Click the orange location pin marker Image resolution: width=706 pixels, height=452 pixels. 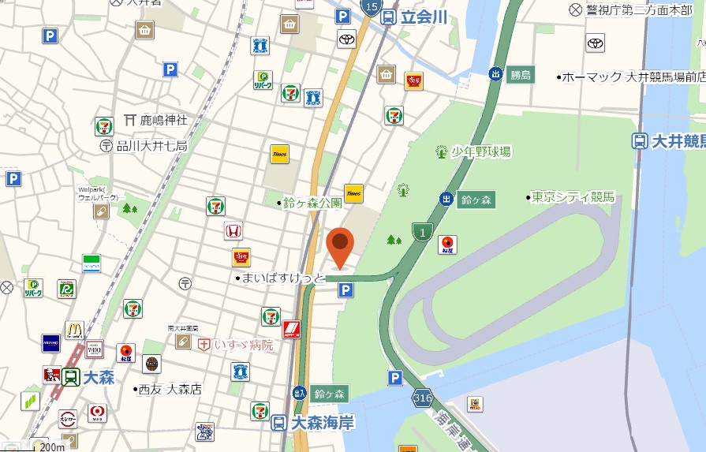(x=340, y=248)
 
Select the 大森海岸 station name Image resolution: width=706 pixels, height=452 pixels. (x=322, y=423)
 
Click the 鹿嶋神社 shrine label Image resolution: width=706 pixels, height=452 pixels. (x=163, y=120)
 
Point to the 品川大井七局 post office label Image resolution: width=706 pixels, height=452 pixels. (x=151, y=145)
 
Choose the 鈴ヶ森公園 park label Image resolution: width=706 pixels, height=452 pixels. (x=313, y=203)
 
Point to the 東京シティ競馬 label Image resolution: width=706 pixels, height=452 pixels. (x=573, y=197)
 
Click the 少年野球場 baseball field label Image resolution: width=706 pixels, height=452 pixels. (x=481, y=151)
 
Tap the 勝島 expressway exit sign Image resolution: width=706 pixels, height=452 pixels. (x=521, y=75)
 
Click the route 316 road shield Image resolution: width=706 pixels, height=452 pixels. (x=422, y=399)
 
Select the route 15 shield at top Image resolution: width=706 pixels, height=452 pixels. (x=371, y=7)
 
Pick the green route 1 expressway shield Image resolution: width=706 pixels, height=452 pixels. (x=422, y=231)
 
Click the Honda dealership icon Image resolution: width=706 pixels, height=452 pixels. (x=233, y=230)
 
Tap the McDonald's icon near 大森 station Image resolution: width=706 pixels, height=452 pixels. (x=74, y=329)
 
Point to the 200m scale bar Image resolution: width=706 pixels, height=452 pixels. (x=52, y=447)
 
